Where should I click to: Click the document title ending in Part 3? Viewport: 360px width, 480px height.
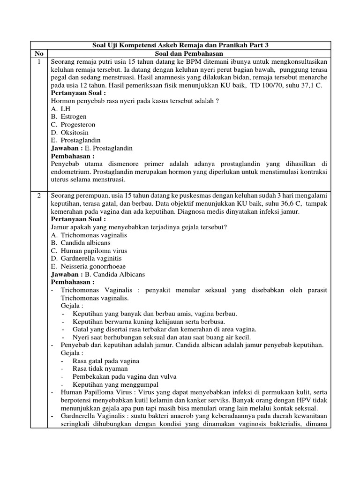[180, 45]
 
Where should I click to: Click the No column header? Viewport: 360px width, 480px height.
[39, 53]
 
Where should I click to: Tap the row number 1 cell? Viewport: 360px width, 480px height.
[39, 62]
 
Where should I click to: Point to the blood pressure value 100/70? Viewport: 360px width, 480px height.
[263, 85]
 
